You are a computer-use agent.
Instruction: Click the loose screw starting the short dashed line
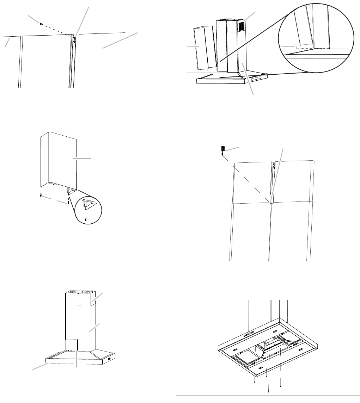pos(41,24)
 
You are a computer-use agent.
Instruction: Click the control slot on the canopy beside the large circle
pos(257,77)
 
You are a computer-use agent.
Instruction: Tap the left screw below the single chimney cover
pos(41,195)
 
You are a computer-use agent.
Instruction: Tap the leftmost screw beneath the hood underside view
pos(255,381)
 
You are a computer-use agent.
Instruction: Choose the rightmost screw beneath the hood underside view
pos(281,385)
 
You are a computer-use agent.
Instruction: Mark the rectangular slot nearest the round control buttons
pos(274,332)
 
